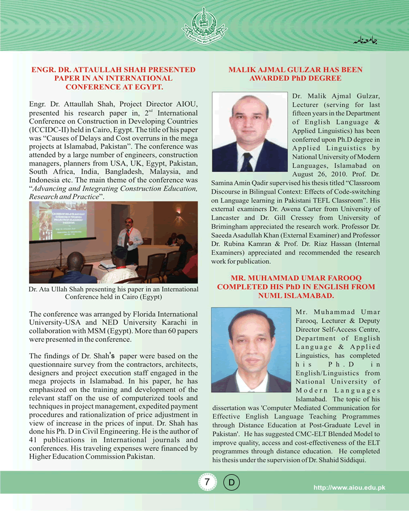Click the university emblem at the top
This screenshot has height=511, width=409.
(204, 25)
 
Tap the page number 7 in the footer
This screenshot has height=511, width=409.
(207, 482)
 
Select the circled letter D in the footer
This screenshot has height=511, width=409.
(232, 482)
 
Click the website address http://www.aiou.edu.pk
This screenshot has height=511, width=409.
(349, 488)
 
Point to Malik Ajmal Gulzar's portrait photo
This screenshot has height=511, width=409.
(249, 132)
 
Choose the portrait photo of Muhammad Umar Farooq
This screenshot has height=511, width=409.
(251, 350)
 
